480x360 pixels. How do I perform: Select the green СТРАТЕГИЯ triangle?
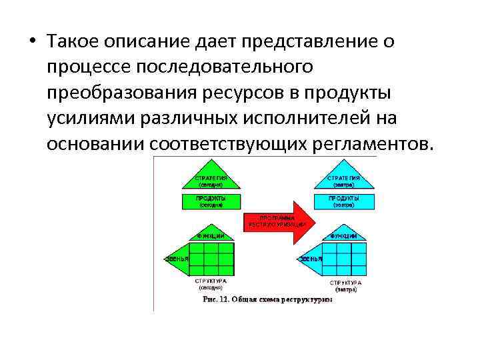[x=210, y=178]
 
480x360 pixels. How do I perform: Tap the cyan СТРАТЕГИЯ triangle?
[x=343, y=178]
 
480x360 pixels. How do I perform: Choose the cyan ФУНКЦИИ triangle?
[x=343, y=235]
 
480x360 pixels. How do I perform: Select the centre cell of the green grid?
[x=212, y=258]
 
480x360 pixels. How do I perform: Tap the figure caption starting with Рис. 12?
[x=267, y=299]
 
